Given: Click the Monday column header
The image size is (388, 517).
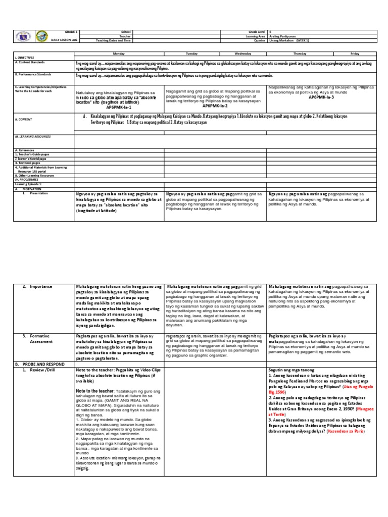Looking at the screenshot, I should click(120, 53).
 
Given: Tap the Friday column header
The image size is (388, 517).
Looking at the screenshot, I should click(355, 53).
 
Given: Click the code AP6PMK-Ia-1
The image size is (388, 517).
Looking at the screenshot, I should click(119, 108).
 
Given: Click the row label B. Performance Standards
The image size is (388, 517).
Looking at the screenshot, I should click(32, 74).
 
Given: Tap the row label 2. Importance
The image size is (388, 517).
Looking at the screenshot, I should click(40, 286).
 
